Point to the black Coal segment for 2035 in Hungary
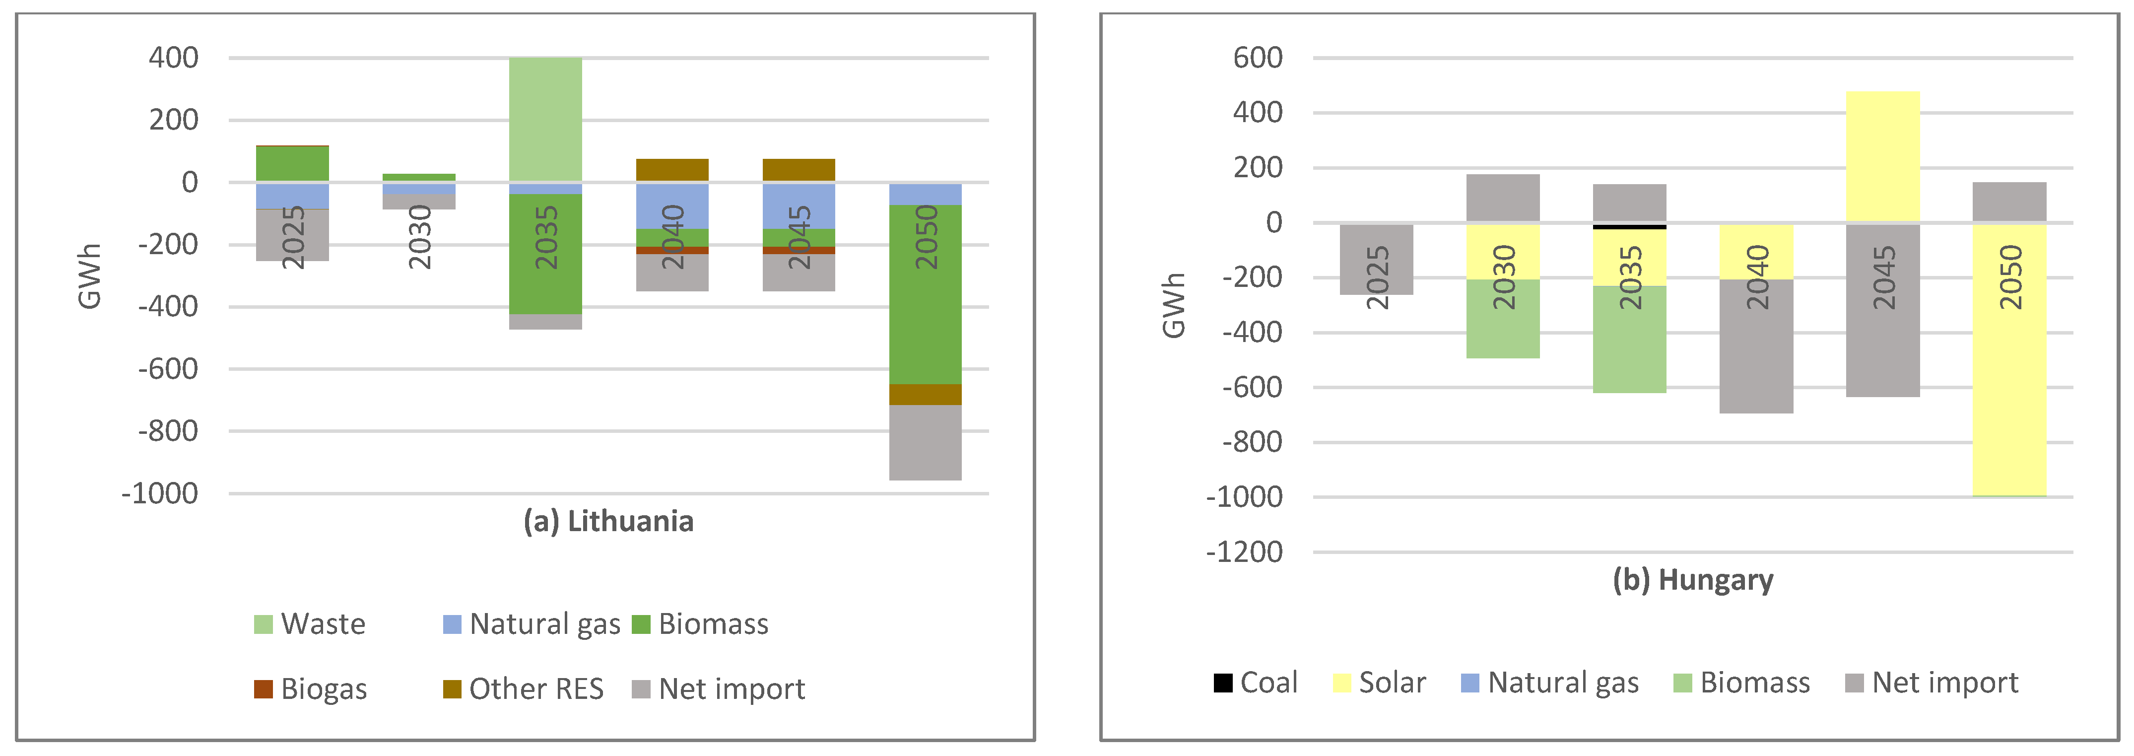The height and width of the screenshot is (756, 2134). (1629, 226)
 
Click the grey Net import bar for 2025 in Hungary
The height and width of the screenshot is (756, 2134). (1376, 260)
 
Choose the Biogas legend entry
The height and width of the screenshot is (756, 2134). (310, 689)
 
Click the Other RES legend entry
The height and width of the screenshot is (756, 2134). (523, 689)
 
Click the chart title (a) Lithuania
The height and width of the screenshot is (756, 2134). (608, 521)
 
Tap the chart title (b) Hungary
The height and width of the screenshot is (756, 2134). (1692, 579)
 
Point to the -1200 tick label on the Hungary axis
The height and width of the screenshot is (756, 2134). (1244, 552)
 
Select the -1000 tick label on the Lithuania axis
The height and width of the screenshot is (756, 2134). (160, 494)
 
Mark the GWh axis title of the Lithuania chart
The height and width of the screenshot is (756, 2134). (89, 276)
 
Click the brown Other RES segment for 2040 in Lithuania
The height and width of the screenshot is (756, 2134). (672, 169)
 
